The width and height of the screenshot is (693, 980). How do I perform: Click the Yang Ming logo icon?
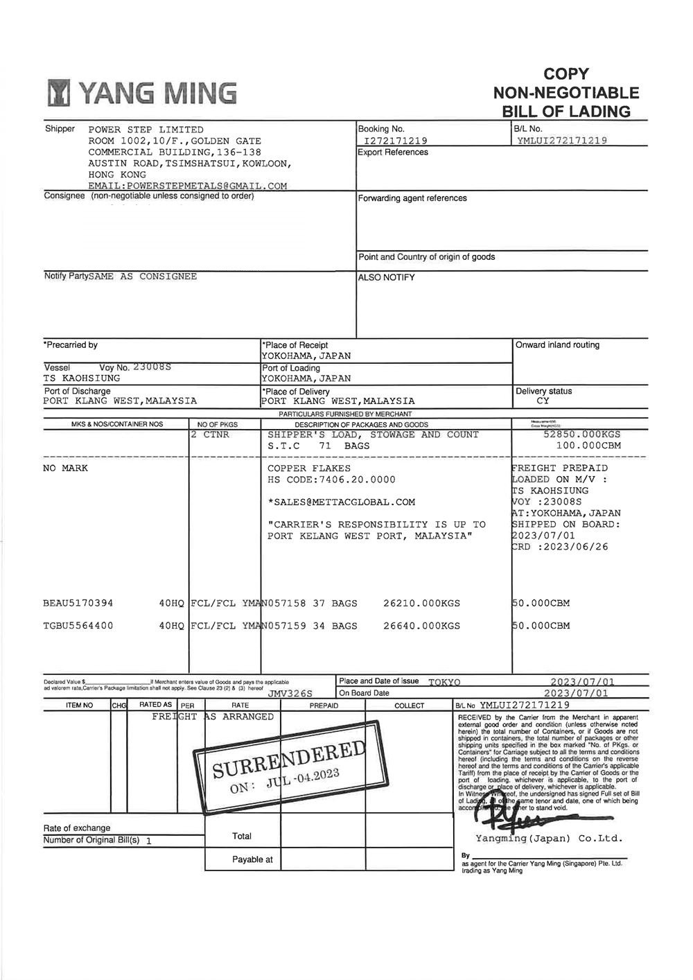[x=60, y=94]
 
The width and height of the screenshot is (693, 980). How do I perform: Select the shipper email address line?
[x=187, y=186]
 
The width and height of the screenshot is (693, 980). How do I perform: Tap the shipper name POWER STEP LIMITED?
[x=146, y=130]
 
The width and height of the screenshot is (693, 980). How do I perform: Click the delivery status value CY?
[x=543, y=401]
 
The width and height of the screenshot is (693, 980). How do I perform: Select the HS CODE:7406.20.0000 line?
[x=331, y=480]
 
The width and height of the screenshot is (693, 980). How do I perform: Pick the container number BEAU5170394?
[x=78, y=603]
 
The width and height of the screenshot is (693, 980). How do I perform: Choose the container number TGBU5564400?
[x=78, y=626]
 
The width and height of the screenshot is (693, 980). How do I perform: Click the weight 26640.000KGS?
[x=421, y=626]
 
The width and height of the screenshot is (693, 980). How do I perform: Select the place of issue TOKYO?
[x=444, y=682]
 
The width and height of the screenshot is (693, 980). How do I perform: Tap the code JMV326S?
[x=290, y=693]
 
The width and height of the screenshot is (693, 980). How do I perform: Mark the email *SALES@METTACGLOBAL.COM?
[x=342, y=502]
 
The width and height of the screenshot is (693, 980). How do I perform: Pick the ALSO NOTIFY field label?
[x=387, y=278]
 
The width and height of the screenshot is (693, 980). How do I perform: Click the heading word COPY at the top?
[x=566, y=73]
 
